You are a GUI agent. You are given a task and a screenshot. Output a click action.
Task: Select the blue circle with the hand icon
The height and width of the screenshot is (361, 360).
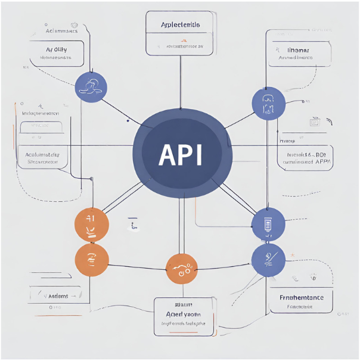[x=91, y=86]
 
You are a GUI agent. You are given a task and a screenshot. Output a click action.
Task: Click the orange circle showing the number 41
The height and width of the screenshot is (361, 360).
[x=91, y=225]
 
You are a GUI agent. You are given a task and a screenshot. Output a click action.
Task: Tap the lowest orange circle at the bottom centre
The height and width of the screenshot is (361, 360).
[x=181, y=269]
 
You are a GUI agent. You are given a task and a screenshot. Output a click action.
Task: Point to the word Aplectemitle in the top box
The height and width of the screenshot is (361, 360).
[x=180, y=25]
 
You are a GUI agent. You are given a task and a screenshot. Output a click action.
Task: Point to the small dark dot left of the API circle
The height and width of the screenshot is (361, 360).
[x=128, y=120]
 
